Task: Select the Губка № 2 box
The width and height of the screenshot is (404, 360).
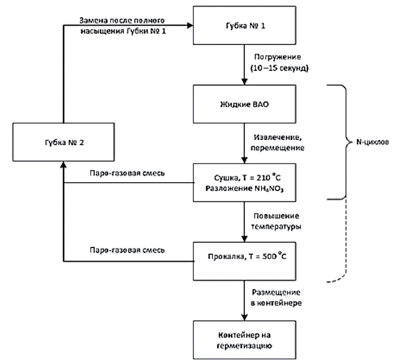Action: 63,142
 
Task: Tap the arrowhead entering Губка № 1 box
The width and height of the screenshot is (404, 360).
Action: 190,25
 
